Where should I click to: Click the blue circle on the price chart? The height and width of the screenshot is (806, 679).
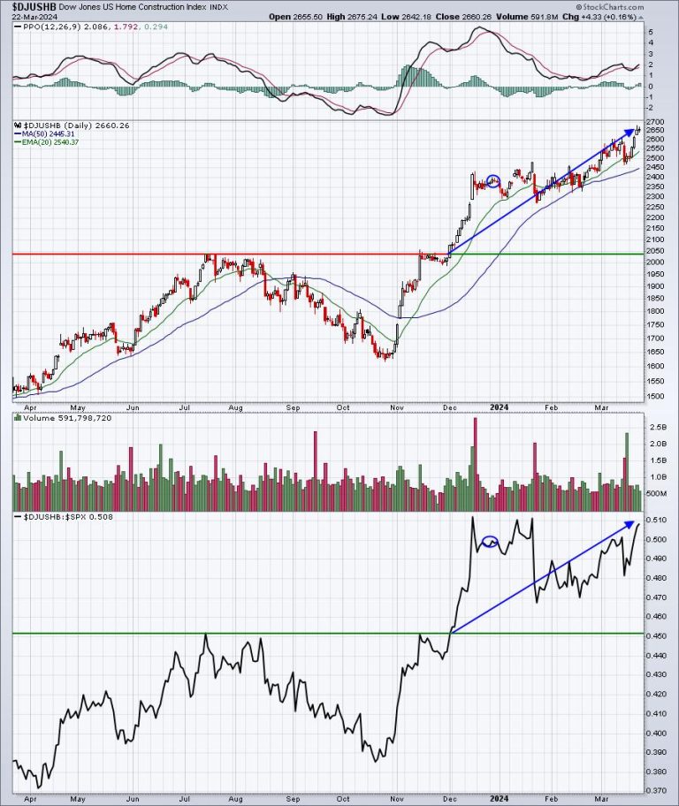494,181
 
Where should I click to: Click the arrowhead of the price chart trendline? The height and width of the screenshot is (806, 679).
636,131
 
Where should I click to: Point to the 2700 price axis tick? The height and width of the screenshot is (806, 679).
655,121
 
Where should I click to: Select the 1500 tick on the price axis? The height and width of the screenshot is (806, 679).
655,396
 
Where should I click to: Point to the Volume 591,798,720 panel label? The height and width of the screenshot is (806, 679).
60,416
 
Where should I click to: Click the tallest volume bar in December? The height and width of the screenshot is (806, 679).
475,460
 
